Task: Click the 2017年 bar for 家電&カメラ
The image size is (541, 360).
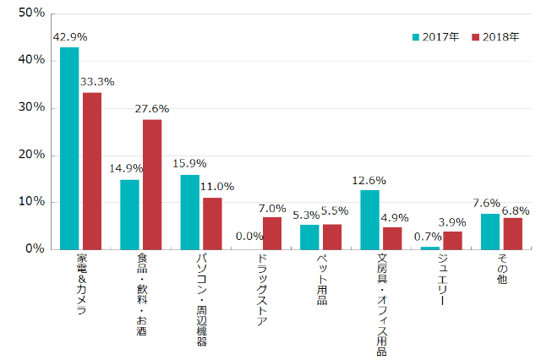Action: pos(69,148)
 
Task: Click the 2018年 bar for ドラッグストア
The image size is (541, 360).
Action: pos(272,232)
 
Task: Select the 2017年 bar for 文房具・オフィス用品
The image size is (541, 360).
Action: pos(369,220)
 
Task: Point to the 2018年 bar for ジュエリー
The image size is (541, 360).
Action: pos(452,240)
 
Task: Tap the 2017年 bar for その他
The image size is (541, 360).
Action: pos(489,232)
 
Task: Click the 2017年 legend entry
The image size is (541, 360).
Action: pos(436,37)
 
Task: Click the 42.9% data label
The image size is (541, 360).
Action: pos(69,37)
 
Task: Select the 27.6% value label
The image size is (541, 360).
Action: pos(152,109)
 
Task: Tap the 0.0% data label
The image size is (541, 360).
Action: pos(249,237)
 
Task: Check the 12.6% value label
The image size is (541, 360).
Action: pos(369,180)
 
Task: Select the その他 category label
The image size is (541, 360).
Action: pos(502,270)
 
